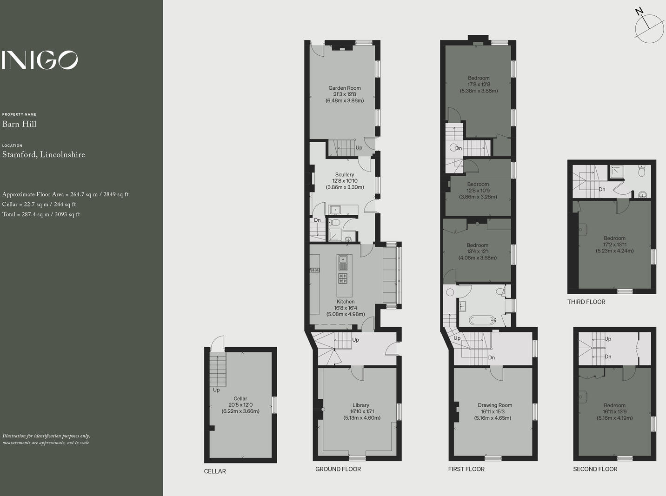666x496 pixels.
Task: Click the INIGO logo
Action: [x=40, y=60]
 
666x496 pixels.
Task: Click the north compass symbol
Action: [x=649, y=28]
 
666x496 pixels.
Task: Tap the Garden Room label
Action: [x=345, y=88]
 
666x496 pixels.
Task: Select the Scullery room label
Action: [x=345, y=175]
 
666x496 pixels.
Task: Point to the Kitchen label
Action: [x=346, y=302]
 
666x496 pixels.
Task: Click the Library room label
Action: [x=361, y=405]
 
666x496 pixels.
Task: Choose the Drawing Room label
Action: [x=495, y=405]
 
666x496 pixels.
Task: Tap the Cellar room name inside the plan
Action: [x=240, y=399]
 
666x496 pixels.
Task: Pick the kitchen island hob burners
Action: [x=343, y=278]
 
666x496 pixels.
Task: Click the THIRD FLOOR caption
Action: [x=586, y=302]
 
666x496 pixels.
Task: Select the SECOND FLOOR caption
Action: [x=595, y=470]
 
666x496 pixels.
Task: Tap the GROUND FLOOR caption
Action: [x=338, y=470]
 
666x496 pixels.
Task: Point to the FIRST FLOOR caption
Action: [x=466, y=470]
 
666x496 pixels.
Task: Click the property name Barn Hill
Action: [x=20, y=124]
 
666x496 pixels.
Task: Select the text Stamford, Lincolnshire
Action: [x=44, y=155]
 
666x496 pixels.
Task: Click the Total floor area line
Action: [x=41, y=214]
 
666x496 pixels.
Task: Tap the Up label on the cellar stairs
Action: [x=216, y=390]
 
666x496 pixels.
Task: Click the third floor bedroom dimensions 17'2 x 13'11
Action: [x=614, y=245]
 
